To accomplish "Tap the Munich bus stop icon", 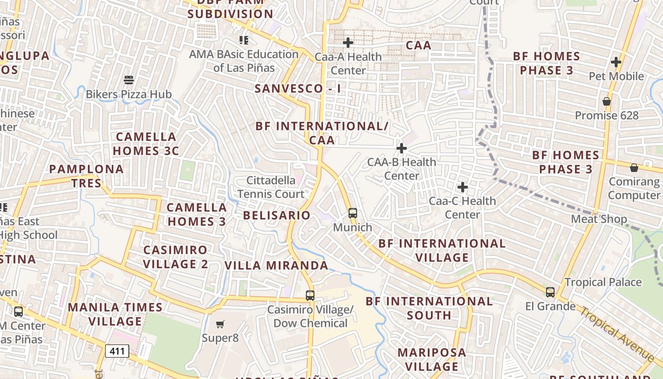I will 352,213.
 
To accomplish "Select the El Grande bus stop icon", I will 550,292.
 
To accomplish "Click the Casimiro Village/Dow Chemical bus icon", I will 310,296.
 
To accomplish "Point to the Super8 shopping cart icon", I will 220,325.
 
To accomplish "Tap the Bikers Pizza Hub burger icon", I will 129,80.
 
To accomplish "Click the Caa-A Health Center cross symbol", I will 348,43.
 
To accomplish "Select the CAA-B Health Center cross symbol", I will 402,148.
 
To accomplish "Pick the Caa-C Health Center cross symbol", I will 463,187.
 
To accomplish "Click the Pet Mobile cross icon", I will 616,62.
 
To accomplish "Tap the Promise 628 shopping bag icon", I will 607,101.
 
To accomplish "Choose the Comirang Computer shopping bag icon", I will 634,168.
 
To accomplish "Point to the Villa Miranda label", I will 277,265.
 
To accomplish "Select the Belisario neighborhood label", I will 277,215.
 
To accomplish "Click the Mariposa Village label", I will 432,360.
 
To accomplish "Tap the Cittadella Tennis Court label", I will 271,187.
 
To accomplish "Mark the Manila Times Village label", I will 116,314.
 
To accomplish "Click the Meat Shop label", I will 599,219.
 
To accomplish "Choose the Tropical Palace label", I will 603,282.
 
